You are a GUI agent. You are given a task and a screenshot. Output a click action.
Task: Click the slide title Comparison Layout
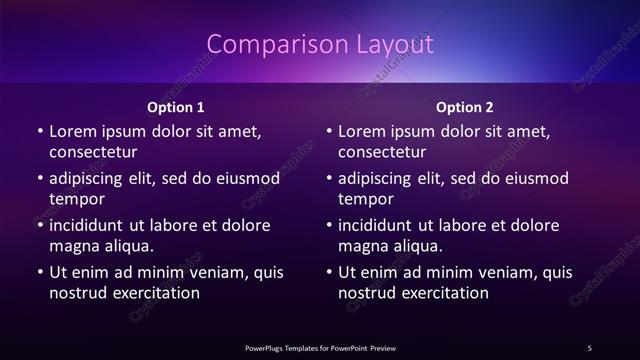pos(319,45)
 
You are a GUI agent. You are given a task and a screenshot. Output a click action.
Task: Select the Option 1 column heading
pos(176,106)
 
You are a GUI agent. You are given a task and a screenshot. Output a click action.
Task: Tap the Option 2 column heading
pos(465,106)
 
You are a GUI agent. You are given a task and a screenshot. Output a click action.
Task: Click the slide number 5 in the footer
pos(589,347)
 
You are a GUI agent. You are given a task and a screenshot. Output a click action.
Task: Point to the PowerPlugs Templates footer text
pos(319,347)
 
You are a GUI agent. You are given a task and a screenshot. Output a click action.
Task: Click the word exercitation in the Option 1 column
pos(154,293)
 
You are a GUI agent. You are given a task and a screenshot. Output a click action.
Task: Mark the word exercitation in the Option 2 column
pos(443,293)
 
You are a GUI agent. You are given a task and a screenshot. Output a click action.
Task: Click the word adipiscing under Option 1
pos(89,179)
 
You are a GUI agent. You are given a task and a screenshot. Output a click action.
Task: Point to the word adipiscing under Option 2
pos(378,179)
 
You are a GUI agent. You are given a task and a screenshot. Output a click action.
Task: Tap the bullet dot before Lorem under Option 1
pos(39,132)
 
